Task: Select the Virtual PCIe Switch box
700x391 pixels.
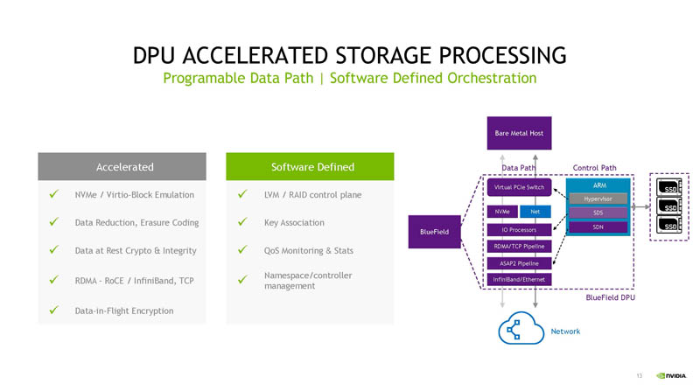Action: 518,188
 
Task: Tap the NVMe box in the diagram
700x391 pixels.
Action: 500,212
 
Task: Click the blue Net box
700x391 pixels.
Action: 535,212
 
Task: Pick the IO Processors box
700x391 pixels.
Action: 518,229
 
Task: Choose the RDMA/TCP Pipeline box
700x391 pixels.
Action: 518,246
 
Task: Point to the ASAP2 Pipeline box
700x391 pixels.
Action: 518,262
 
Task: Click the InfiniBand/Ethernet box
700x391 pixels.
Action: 518,279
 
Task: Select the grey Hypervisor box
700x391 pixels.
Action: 598,199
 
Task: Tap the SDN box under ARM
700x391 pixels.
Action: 598,227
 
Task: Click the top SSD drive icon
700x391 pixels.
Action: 670,187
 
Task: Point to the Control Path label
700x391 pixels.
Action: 595,167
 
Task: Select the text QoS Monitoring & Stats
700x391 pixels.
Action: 308,251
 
